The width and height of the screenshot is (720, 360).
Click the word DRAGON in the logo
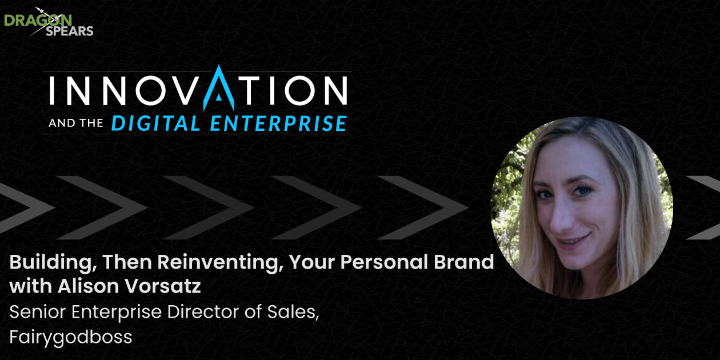click(38, 20)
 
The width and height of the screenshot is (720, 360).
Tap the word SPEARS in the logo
click(70, 31)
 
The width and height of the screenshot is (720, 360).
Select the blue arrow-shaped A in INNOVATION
click(219, 87)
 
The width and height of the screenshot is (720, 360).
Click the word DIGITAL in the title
click(156, 123)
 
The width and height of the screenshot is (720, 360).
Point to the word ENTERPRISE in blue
click(279, 123)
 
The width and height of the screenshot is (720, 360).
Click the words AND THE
click(76, 123)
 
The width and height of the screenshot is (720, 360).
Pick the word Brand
click(464, 262)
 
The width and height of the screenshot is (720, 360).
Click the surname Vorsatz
click(163, 286)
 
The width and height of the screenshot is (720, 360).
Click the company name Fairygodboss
click(71, 337)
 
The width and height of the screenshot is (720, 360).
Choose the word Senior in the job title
click(37, 311)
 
